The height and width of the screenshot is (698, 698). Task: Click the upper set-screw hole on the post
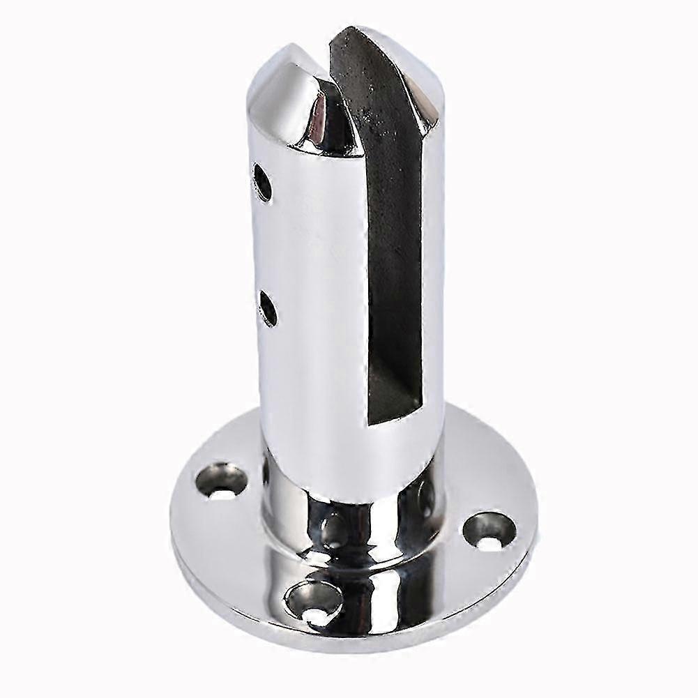(x=263, y=182)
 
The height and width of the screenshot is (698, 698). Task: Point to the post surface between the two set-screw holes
(x=268, y=244)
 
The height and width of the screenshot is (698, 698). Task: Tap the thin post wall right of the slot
(x=432, y=279)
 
